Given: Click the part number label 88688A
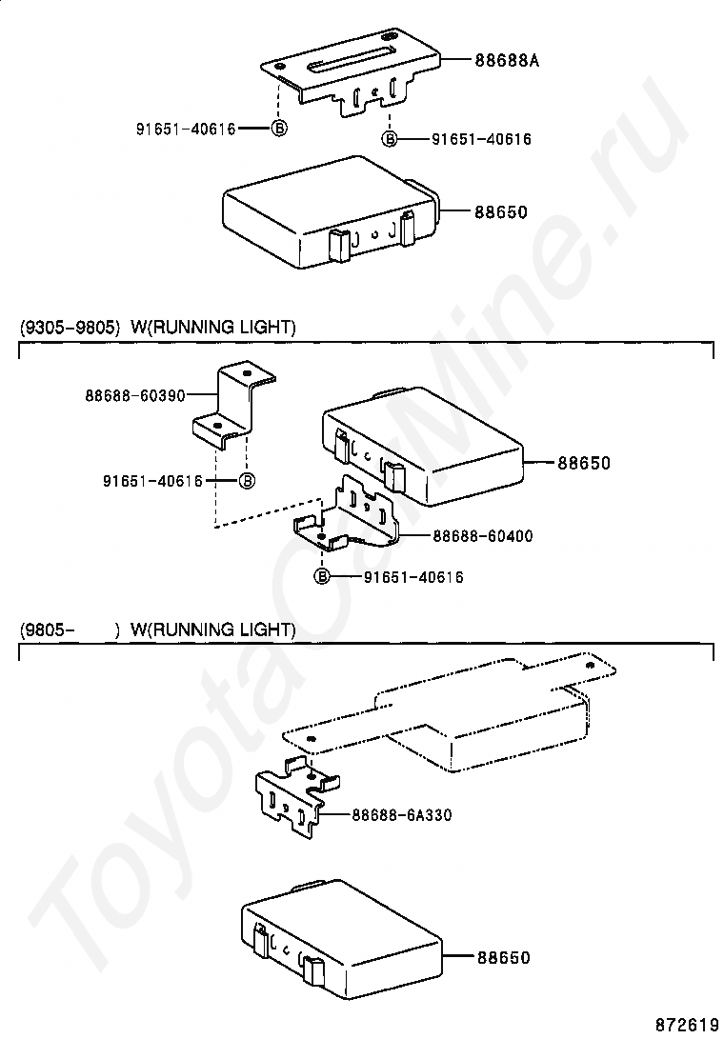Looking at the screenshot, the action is [506, 61].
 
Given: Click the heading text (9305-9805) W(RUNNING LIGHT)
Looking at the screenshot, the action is [158, 328].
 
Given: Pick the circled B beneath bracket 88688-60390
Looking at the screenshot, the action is [246, 480].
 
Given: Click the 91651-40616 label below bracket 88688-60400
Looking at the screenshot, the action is [412, 577].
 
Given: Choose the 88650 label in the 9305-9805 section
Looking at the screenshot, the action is [583, 464].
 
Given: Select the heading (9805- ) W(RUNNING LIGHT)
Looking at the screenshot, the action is [158, 629].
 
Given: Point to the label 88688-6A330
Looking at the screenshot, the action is [401, 815].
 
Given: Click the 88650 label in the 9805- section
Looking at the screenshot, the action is [503, 957].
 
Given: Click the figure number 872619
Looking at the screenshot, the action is [686, 1026].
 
